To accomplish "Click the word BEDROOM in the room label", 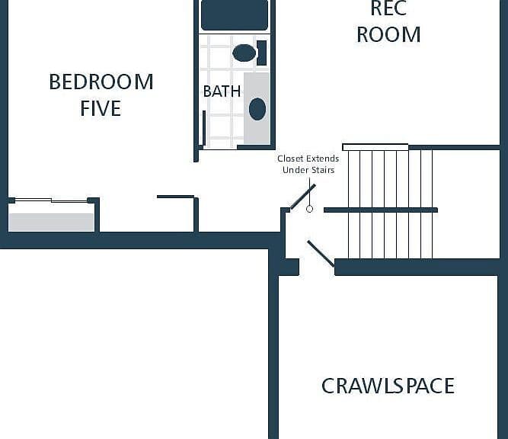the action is [101, 82].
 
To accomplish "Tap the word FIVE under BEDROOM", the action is [101, 108].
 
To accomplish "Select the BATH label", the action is [222, 91].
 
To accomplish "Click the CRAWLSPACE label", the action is [388, 386].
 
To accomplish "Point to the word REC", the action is [388, 8].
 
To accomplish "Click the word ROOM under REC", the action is [388, 34].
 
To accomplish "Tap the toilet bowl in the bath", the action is [244, 53].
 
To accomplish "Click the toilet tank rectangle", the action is [262, 53].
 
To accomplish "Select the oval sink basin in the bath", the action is [257, 109].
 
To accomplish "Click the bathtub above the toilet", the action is [235, 15].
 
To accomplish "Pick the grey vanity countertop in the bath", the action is [257, 108].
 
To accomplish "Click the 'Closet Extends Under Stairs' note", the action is [308, 164].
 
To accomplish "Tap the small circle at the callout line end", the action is [309, 209].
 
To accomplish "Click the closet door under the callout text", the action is [302, 197].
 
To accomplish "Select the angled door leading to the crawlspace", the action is [321, 254].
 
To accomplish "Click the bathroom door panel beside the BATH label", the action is [204, 128].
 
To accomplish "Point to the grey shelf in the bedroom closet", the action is [52, 222].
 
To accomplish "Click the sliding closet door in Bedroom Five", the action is [51, 200].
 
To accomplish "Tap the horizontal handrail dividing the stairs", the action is [381, 210].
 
